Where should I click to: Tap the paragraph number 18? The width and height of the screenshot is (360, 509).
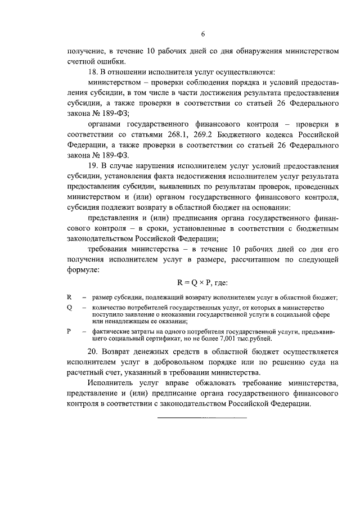click(x=93, y=73)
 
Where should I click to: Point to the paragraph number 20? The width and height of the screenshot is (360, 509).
click(x=93, y=350)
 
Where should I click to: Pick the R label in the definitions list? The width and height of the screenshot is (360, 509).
click(x=69, y=296)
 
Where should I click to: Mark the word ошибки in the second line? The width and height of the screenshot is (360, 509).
click(x=111, y=61)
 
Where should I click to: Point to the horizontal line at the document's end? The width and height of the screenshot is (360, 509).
click(x=202, y=418)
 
